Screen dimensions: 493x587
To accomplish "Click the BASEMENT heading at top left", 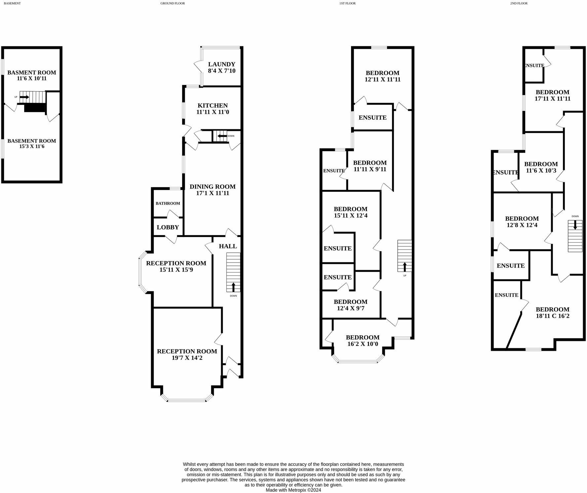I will pyautogui.click(x=12, y=3).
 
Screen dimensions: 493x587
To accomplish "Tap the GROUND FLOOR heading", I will pyautogui.click(x=173, y=3).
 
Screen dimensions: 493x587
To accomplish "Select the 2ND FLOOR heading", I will pyautogui.click(x=519, y=3).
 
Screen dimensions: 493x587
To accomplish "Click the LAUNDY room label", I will pyautogui.click(x=221, y=64).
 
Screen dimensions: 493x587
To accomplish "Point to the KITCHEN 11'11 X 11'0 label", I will pyautogui.click(x=213, y=109).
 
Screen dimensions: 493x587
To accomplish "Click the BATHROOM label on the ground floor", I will pyautogui.click(x=168, y=203).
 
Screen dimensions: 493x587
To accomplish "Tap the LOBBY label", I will pyautogui.click(x=168, y=227).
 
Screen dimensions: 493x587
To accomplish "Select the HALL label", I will pyautogui.click(x=228, y=246).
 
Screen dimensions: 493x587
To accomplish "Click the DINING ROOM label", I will pyautogui.click(x=213, y=187).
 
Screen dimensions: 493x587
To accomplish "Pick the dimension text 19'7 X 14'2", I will pyautogui.click(x=187, y=358).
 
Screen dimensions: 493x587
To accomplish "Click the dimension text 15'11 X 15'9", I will pyautogui.click(x=176, y=270).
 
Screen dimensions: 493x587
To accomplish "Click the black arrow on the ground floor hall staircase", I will pyautogui.click(x=234, y=287).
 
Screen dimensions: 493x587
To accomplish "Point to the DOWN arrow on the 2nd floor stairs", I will pyautogui.click(x=575, y=225).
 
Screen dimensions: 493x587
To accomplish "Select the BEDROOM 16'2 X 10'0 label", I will pyautogui.click(x=363, y=341).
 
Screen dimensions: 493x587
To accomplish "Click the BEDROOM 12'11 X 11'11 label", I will pyautogui.click(x=382, y=76).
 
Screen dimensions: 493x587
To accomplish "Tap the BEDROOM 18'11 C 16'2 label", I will pyautogui.click(x=552, y=312).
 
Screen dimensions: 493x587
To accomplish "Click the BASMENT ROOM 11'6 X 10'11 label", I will pyautogui.click(x=32, y=75).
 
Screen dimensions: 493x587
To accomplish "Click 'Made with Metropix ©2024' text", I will pyautogui.click(x=293, y=490).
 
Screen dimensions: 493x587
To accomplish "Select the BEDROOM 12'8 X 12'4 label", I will pyautogui.click(x=522, y=222).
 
